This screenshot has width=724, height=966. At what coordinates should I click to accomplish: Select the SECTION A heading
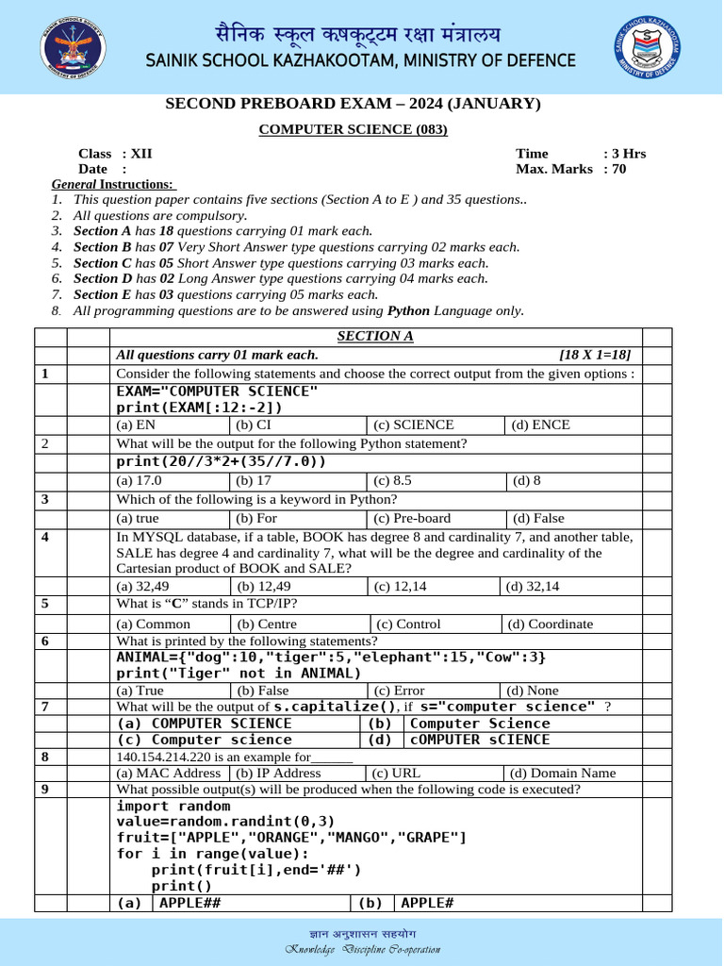(x=375, y=337)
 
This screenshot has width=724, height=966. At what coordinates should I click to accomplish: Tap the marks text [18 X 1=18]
(x=595, y=355)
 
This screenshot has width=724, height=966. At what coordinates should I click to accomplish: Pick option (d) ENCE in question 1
(x=540, y=425)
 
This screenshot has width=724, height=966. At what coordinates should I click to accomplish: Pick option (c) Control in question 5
(x=408, y=624)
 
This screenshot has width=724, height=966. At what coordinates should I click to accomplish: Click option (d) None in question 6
(x=535, y=691)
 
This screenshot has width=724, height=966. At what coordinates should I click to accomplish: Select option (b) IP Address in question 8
(x=278, y=773)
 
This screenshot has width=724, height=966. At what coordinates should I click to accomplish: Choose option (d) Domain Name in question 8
(x=562, y=773)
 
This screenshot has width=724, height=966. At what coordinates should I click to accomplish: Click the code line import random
(x=173, y=806)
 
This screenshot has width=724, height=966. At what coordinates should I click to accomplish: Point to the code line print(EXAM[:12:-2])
(x=199, y=408)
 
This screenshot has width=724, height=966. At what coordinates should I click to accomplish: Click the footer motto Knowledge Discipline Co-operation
(x=363, y=949)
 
